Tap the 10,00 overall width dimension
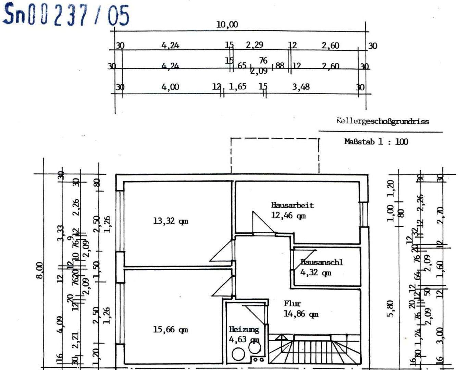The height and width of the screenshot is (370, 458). [x=227, y=25]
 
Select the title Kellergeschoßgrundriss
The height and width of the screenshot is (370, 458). [x=383, y=121]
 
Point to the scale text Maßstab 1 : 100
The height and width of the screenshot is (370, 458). [x=376, y=141]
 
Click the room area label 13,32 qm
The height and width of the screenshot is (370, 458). [x=170, y=221]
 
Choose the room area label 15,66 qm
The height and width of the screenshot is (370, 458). [x=170, y=330]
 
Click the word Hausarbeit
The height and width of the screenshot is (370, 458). [x=292, y=205]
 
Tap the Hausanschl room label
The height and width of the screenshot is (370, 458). [x=321, y=262]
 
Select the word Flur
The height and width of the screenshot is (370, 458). [x=292, y=304]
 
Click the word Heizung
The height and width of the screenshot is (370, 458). [x=244, y=330]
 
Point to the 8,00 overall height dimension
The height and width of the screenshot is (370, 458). [x=40, y=271]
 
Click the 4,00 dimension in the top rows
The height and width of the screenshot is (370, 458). [x=170, y=87]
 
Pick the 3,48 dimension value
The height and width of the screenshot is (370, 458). [x=301, y=87]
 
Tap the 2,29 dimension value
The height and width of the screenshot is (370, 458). [x=255, y=45]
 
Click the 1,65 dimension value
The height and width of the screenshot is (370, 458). [x=237, y=87]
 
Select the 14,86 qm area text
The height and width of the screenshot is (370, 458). [x=301, y=314]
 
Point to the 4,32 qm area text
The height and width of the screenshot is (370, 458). [x=315, y=273]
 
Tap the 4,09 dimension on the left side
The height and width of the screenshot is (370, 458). [x=60, y=324]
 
